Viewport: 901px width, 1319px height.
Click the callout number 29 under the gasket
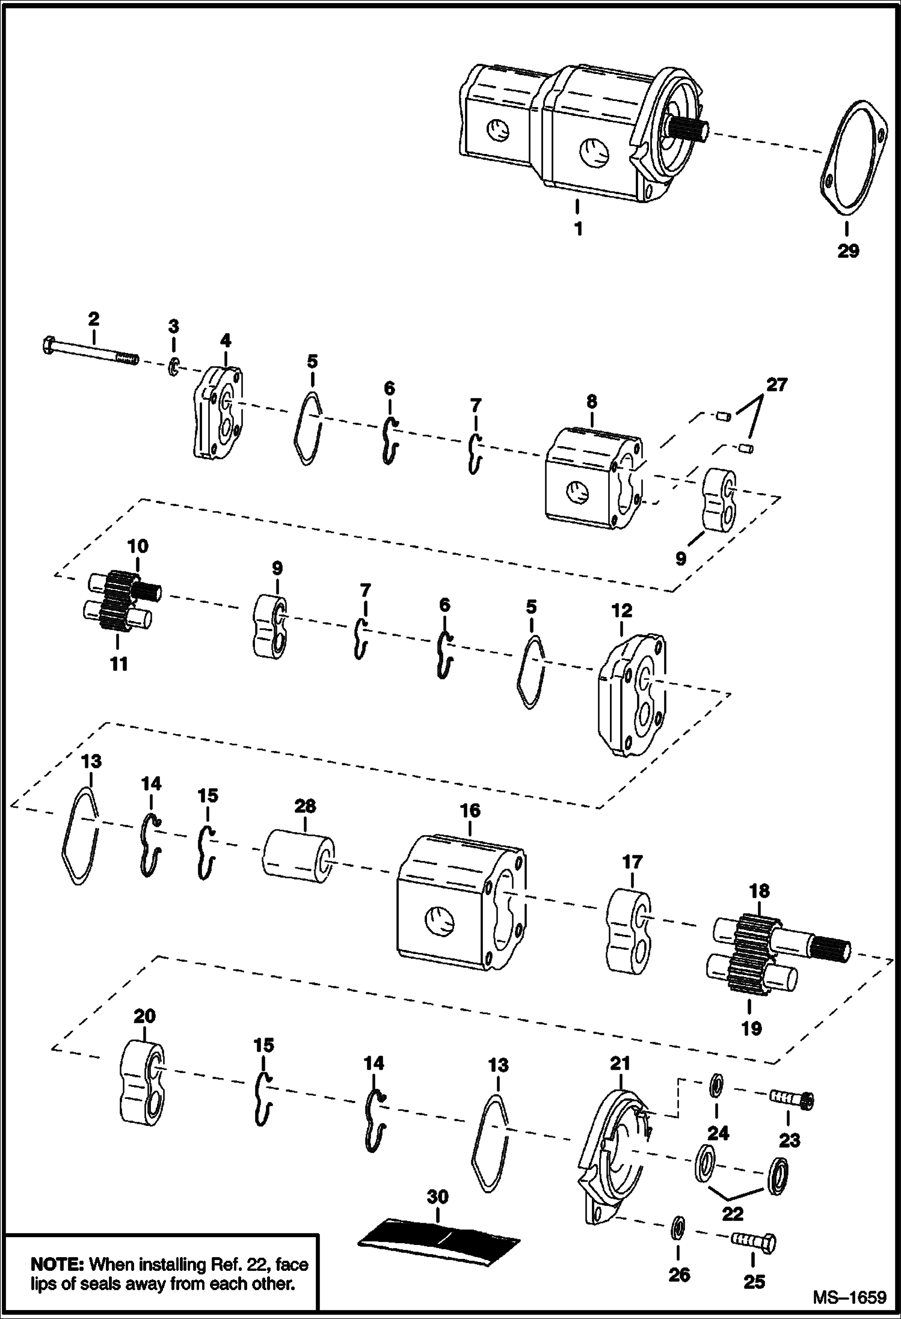pyautogui.click(x=848, y=251)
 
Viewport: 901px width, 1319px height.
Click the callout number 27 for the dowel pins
pyautogui.click(x=776, y=385)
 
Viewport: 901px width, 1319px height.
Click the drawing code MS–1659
pyautogui.click(x=849, y=1298)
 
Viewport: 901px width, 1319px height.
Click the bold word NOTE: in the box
pyautogui.click(x=57, y=1264)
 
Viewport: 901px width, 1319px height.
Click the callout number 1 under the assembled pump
pyautogui.click(x=578, y=230)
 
